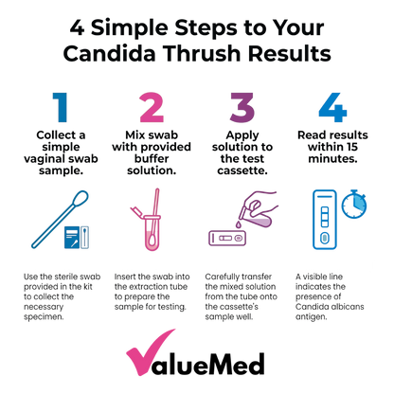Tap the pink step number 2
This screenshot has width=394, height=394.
coord(152,107)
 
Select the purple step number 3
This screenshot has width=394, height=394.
coord(242,107)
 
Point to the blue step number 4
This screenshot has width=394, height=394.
coord(332,107)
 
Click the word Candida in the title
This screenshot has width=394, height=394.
coord(109,53)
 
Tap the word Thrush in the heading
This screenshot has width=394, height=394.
coord(202,53)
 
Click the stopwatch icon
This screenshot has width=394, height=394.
coord(354,205)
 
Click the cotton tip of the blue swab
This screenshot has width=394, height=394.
coord(81,199)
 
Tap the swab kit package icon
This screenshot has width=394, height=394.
coord(77,237)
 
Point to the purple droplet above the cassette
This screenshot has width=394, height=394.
coord(239,224)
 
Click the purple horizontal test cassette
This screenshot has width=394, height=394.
coord(227,238)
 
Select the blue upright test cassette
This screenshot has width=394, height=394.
coord(325,220)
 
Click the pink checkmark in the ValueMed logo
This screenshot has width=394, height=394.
coord(149,353)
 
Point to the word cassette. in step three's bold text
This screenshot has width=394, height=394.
coord(242,170)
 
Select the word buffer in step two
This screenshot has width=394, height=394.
coord(152,158)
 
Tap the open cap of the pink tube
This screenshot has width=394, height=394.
coord(136,211)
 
